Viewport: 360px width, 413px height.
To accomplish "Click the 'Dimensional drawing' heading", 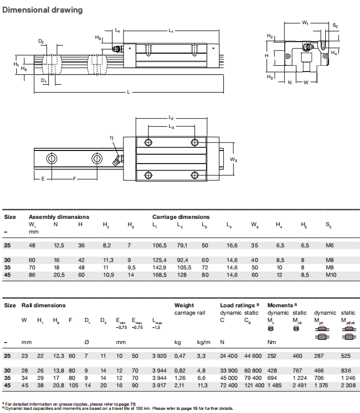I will click(43, 10).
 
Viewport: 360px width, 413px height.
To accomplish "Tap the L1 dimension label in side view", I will click(171, 32).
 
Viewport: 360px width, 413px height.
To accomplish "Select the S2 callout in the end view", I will click(335, 26).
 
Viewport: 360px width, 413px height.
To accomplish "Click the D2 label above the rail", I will click(41, 41).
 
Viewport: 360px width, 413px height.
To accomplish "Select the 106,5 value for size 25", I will click(159, 245).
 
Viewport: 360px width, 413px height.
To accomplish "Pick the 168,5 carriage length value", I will click(159, 275).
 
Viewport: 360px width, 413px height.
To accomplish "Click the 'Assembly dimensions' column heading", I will click(58, 217).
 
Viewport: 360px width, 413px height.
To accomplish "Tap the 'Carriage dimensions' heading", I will click(181, 217).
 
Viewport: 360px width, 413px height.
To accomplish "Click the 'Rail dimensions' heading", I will click(44, 305).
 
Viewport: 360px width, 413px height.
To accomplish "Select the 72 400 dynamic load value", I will click(230, 386).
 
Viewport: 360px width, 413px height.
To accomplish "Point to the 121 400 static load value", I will click(254, 386).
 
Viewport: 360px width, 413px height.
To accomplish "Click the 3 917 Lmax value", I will click(158, 386).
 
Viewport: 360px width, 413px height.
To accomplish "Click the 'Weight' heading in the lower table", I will click(184, 305).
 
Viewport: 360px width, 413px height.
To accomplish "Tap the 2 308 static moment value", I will click(347, 386).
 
